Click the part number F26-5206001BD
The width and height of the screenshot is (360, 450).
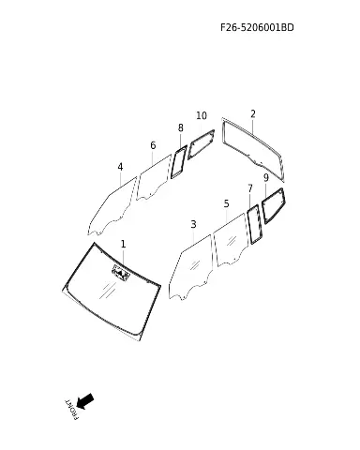(257, 27)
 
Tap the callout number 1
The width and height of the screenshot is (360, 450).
(123, 244)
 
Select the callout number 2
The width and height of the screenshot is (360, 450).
(253, 114)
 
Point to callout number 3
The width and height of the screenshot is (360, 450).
(193, 224)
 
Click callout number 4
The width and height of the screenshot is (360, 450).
(120, 167)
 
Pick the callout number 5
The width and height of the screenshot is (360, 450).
(227, 203)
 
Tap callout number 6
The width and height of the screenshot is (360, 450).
(153, 145)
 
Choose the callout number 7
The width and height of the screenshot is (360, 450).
(250, 188)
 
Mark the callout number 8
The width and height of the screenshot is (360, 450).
(181, 127)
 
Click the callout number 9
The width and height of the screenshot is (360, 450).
(266, 178)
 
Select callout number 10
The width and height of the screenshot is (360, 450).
(202, 115)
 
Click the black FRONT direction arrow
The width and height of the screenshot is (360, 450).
(85, 401)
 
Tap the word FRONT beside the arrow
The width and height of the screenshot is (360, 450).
(71, 410)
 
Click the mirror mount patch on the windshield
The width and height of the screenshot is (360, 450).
(121, 273)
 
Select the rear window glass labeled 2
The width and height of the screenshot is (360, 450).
(253, 147)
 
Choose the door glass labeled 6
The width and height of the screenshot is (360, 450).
(154, 176)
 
